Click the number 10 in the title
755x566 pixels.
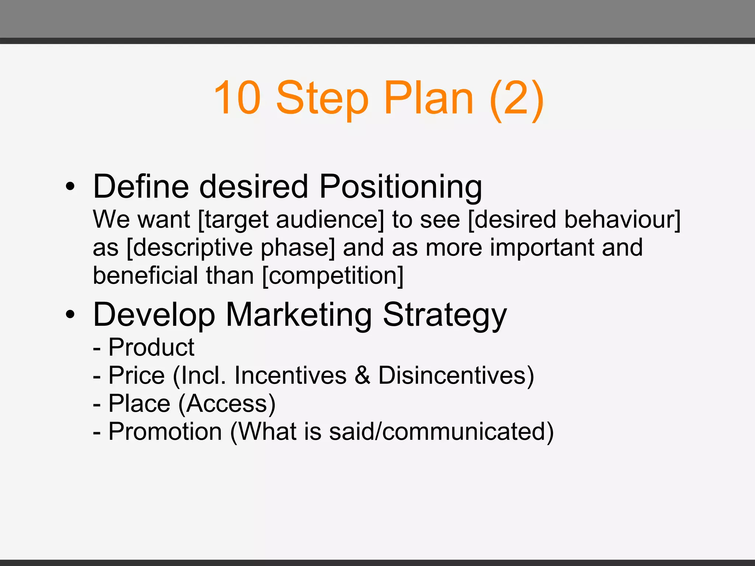coord(237,98)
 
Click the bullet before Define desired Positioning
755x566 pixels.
coord(70,187)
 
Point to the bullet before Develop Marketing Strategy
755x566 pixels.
coord(70,315)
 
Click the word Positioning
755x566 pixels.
coord(400,187)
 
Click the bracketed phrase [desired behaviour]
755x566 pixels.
coord(574,220)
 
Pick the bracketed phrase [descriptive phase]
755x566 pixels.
coord(231,248)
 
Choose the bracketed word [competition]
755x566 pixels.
coord(333,276)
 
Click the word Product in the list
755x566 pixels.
coord(151,347)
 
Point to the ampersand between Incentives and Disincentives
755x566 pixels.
coord(363,375)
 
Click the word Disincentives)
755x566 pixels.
coord(456,375)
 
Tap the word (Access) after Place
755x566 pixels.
coord(227,404)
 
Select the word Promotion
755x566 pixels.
coord(165,432)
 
